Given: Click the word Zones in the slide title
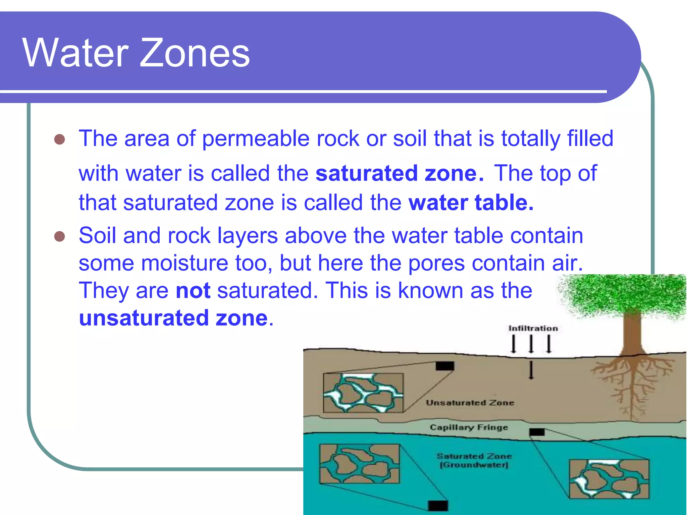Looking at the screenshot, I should point(195,53).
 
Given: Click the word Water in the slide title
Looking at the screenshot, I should point(75,53).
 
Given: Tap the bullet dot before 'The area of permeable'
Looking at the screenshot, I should point(59,139).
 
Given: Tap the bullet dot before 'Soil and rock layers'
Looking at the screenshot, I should point(59,236).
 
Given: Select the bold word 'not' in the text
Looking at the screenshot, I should point(193,290).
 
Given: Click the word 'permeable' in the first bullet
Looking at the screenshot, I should point(255,138).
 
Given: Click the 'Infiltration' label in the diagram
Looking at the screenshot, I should point(533,328).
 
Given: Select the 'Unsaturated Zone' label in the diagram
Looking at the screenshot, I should point(470,402).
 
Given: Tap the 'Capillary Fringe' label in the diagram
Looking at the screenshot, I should point(469,427).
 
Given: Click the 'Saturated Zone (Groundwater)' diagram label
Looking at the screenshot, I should point(474,460).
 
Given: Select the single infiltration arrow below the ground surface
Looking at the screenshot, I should point(531,370).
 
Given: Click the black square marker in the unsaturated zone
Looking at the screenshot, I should point(445,366).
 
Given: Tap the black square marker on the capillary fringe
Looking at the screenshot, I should point(537,432).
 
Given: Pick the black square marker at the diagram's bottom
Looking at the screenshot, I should point(438,506).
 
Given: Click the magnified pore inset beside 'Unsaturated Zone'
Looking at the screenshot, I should point(363,393).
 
